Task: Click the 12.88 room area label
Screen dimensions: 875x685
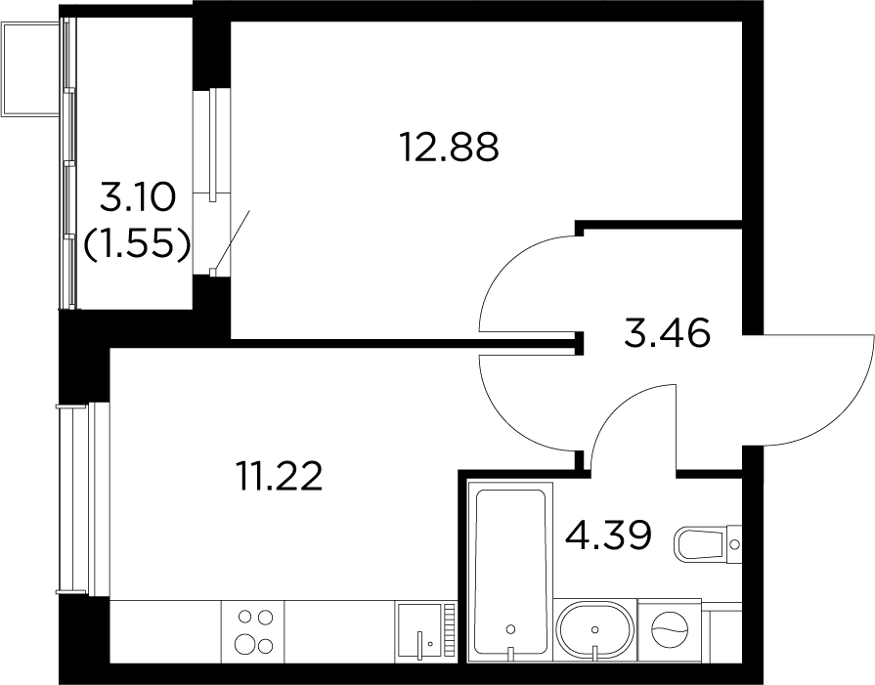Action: pyautogui.click(x=449, y=148)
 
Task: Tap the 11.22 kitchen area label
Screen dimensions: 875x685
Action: pyautogui.click(x=279, y=477)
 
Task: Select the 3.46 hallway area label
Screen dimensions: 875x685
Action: pyautogui.click(x=668, y=333)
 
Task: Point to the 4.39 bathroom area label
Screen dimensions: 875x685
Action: pyautogui.click(x=608, y=535)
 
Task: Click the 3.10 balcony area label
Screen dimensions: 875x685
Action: pyautogui.click(x=137, y=197)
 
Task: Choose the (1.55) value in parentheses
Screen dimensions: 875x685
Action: pyautogui.click(x=137, y=244)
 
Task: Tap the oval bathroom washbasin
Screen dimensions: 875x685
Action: pyautogui.click(x=594, y=630)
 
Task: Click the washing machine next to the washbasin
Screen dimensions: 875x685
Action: pyautogui.click(x=669, y=630)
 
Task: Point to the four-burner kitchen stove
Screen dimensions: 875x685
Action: pyautogui.click(x=253, y=631)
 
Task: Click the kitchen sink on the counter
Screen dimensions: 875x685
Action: pyautogui.click(x=425, y=631)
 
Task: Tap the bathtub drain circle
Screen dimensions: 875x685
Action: pyautogui.click(x=510, y=629)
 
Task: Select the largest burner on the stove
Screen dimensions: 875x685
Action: pyautogui.click(x=245, y=644)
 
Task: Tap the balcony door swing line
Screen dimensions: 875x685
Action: pyautogui.click(x=234, y=238)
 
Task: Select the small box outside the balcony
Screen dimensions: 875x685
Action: pyautogui.click(x=30, y=68)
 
